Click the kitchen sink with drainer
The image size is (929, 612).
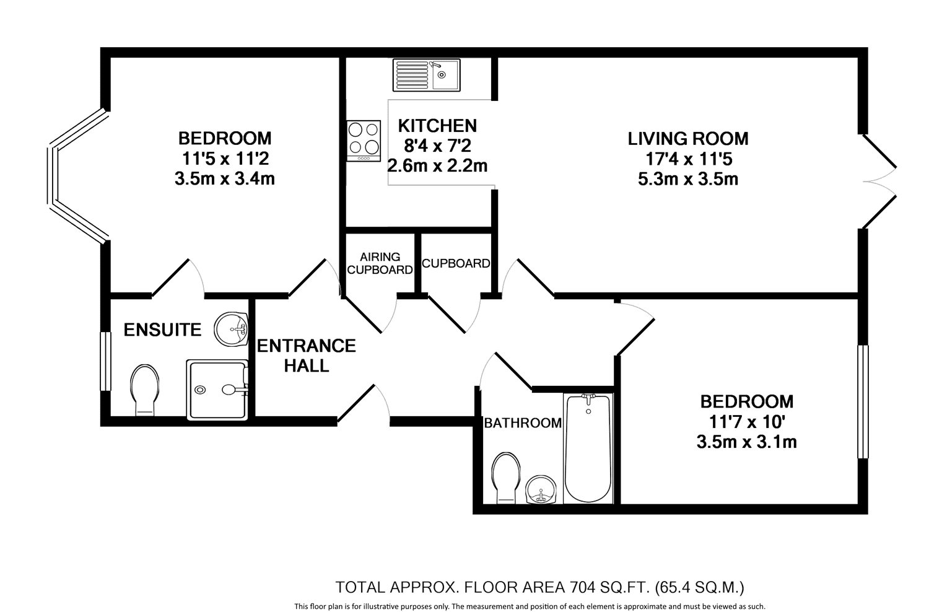[426, 75]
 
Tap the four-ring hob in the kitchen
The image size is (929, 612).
[364, 141]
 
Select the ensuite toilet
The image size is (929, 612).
[145, 390]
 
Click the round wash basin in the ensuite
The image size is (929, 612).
[231, 329]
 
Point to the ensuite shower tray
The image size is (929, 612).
[217, 390]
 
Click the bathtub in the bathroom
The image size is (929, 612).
[588, 448]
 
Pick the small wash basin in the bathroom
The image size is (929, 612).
[541, 489]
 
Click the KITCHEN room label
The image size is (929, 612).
[437, 126]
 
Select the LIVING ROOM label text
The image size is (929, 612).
[688, 139]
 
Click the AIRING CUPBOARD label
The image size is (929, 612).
[380, 263]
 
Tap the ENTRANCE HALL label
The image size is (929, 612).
[307, 356]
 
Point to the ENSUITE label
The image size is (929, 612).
[162, 330]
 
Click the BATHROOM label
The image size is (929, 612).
[523, 423]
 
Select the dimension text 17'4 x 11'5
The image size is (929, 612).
[689, 159]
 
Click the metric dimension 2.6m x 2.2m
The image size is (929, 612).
[437, 165]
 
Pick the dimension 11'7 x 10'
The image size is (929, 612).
[746, 422]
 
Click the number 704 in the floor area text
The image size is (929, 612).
[583, 587]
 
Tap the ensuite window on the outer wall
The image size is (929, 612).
[106, 361]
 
